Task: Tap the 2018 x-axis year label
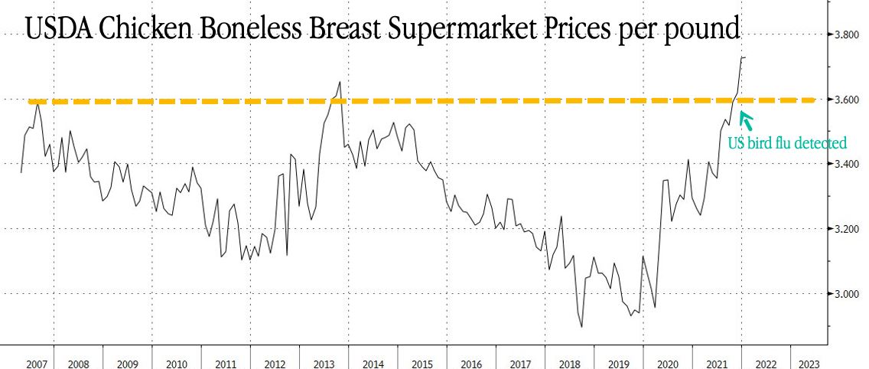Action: pos(570,364)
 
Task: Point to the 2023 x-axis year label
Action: pos(809,364)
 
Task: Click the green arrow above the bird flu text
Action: pos(746,119)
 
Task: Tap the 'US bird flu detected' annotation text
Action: pos(787,143)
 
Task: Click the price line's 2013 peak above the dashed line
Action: pos(340,82)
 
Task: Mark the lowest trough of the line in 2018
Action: pos(582,327)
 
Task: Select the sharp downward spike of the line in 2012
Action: pos(287,254)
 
